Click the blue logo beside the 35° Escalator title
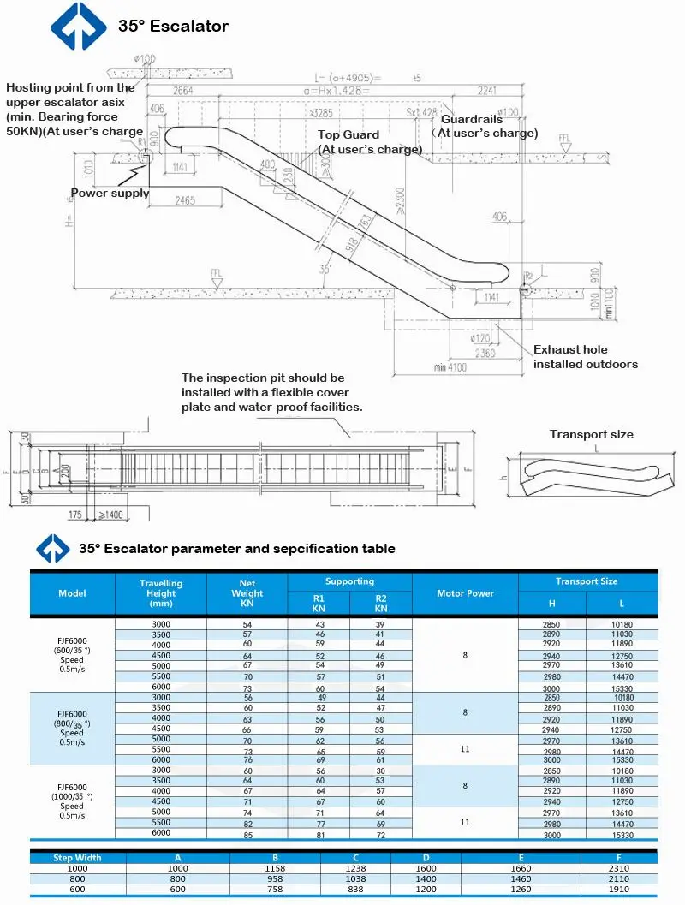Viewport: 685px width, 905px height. tap(78, 26)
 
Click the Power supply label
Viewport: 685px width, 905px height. tap(110, 193)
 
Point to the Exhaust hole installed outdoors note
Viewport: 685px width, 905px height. tap(585, 357)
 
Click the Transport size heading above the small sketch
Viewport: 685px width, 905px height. tap(591, 434)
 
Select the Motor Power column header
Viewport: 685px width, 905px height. tap(465, 593)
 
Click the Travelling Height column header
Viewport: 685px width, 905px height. tap(161, 593)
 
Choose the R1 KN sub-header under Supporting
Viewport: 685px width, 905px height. tap(319, 604)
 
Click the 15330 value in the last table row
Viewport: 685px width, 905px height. tap(622, 835)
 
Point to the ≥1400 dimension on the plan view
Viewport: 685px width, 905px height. tap(109, 515)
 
